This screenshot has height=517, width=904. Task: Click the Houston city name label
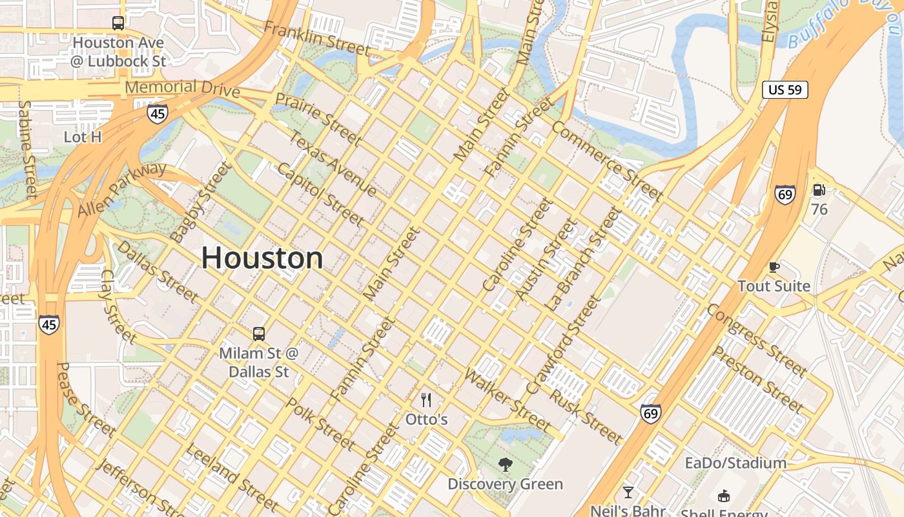(262, 258)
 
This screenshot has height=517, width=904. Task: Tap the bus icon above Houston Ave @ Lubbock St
(118, 23)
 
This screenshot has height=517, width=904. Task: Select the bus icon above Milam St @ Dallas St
(259, 333)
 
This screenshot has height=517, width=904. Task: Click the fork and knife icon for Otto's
(426, 400)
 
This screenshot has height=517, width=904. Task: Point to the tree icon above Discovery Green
(506, 464)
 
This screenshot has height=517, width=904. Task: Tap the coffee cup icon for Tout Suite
(774, 267)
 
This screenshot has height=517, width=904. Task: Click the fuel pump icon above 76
(819, 190)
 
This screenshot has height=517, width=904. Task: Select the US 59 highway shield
(785, 90)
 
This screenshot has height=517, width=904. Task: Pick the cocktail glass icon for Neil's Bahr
(628, 492)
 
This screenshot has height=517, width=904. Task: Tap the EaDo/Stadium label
(735, 463)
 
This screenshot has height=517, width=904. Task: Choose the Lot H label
(83, 137)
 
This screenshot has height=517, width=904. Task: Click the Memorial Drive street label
(182, 88)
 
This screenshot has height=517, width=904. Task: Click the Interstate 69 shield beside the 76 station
(785, 194)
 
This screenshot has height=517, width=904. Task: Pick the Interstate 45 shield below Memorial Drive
(157, 114)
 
